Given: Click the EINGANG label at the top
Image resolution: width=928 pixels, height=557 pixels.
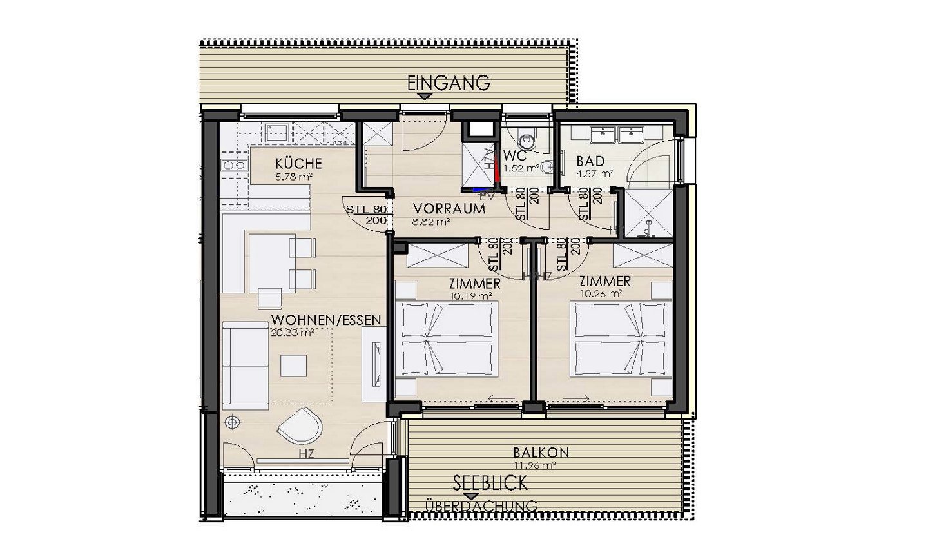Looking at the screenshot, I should [x=449, y=82].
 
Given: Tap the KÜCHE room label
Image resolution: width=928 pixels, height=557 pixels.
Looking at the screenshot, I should [x=298, y=164].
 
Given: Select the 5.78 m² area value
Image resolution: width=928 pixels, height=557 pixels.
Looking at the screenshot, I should [x=289, y=175].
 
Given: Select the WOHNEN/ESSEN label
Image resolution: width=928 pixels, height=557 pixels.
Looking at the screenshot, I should [x=326, y=320].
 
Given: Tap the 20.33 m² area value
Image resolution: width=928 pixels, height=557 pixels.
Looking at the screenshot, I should [x=293, y=333].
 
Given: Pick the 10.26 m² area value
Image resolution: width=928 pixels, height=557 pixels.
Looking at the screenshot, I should [x=601, y=293].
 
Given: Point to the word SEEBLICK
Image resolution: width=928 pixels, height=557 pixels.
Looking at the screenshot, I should [x=489, y=482].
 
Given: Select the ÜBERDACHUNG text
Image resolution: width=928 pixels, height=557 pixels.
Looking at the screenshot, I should [x=481, y=507].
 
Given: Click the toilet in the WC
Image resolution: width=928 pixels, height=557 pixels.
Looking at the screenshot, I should [x=525, y=138].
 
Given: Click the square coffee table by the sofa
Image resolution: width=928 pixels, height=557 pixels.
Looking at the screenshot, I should [x=295, y=366].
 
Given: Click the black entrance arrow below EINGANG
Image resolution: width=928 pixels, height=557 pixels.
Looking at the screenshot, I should [x=423, y=97].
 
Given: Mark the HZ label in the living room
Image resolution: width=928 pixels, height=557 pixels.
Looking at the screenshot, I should [x=307, y=454].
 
